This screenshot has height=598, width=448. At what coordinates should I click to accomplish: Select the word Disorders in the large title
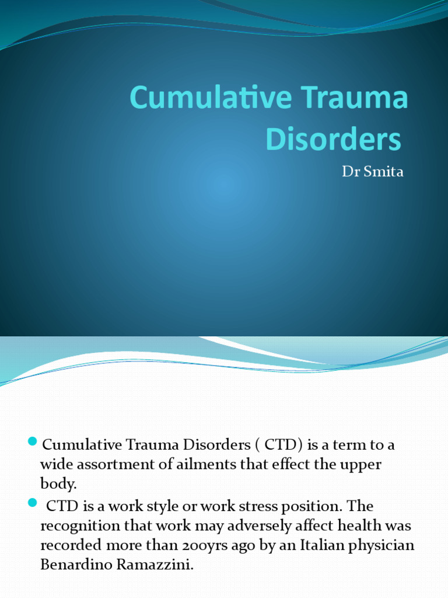tap(334, 140)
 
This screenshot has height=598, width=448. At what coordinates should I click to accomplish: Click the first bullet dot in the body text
tap(32, 440)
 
